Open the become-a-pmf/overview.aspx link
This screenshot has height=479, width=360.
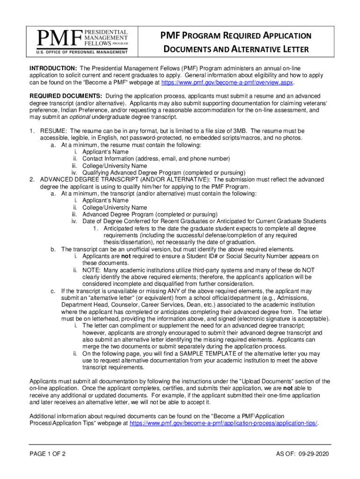click(x=227, y=82)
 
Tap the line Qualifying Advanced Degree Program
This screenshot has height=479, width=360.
click(x=164, y=173)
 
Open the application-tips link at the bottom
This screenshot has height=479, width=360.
click(x=223, y=423)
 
